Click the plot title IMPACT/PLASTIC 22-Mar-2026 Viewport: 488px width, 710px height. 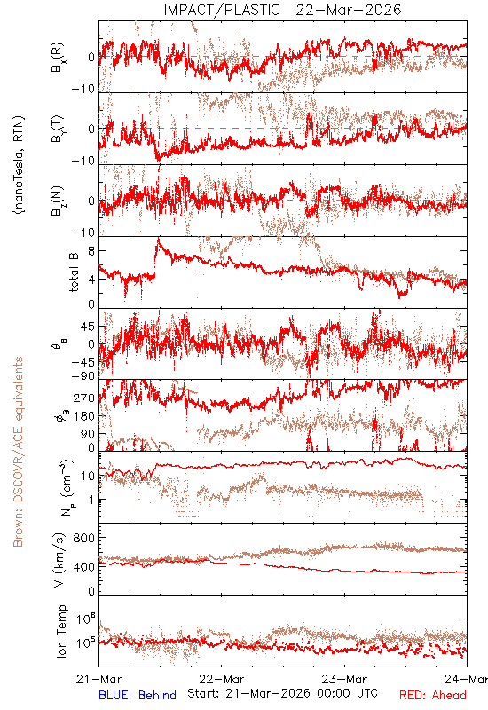(x=282, y=10)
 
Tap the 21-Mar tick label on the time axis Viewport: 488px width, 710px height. (x=99, y=679)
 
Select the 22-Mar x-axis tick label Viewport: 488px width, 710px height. (x=222, y=679)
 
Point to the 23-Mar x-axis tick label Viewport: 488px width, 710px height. (x=344, y=679)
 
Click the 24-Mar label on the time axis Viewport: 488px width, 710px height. (x=466, y=679)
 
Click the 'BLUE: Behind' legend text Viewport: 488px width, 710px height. (x=138, y=695)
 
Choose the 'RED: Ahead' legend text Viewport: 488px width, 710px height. (x=433, y=695)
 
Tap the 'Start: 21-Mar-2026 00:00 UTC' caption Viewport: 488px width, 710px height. (x=282, y=693)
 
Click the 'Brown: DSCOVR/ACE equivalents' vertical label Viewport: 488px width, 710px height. (x=18, y=452)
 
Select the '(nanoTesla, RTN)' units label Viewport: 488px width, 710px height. (x=19, y=165)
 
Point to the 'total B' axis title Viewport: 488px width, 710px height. (x=74, y=272)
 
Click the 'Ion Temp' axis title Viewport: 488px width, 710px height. (x=61, y=631)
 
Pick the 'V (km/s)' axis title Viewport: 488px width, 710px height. (x=59, y=560)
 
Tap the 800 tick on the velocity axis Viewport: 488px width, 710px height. (x=84, y=538)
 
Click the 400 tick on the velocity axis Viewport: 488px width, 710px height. (x=84, y=566)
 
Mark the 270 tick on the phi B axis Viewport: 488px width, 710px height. (x=84, y=398)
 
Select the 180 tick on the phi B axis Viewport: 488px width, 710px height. (x=84, y=415)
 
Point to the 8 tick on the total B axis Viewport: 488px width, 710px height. (x=91, y=251)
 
